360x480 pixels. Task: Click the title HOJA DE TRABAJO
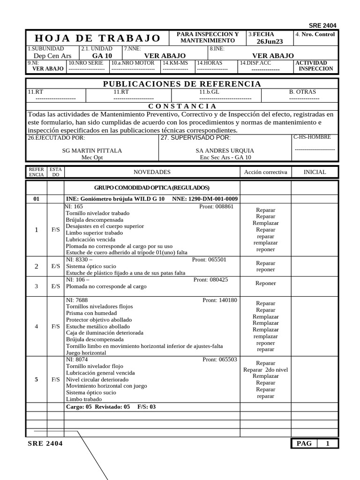click(97, 38)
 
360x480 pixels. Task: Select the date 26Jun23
click(270, 41)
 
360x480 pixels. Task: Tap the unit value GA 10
click(102, 56)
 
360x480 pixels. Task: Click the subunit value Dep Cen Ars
click(49, 56)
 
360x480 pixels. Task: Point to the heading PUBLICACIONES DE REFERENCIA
click(181, 84)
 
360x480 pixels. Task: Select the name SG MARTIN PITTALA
click(92, 150)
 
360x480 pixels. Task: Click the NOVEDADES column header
click(152, 172)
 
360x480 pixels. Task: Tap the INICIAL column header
click(315, 172)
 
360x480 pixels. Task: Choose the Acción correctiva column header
click(265, 172)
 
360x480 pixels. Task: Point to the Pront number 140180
click(220, 300)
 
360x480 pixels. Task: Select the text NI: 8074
click(77, 360)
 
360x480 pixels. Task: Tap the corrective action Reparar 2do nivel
click(265, 370)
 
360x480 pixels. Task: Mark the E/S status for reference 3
click(55, 286)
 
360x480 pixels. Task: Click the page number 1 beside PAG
click(328, 443)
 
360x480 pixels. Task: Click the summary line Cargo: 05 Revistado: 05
click(98, 407)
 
